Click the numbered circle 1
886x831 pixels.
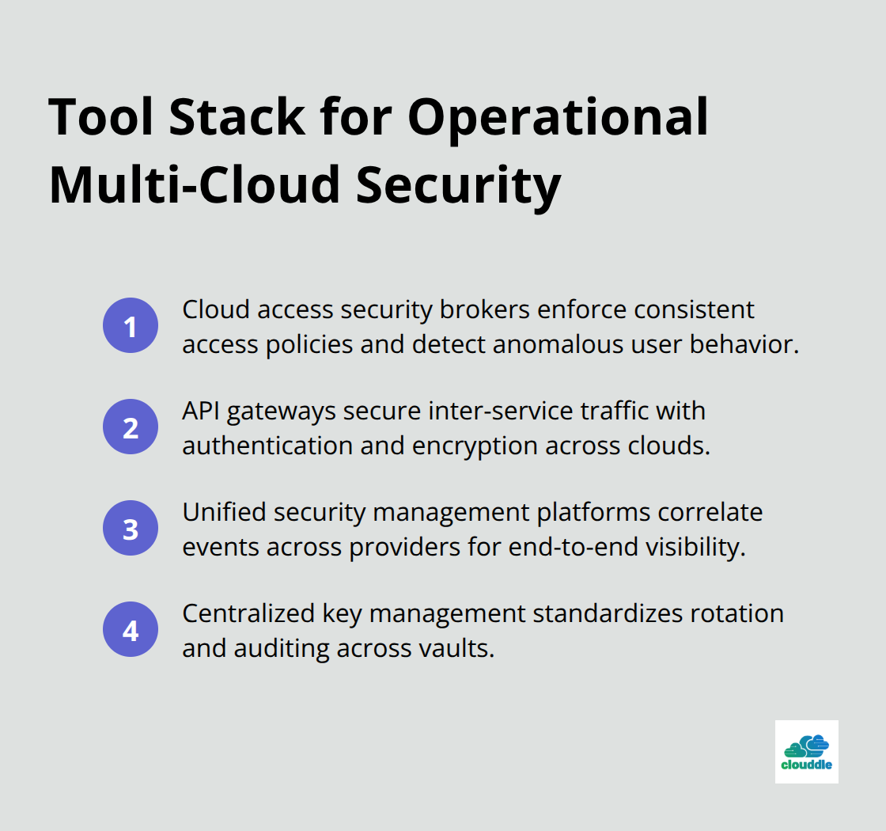131,326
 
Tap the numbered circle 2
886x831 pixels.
131,427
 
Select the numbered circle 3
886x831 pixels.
131,529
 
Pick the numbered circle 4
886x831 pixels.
131,630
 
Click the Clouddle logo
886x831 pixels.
806,751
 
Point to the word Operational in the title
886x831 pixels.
558,119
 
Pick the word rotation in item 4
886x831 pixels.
733,613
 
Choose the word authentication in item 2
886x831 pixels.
266,446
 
